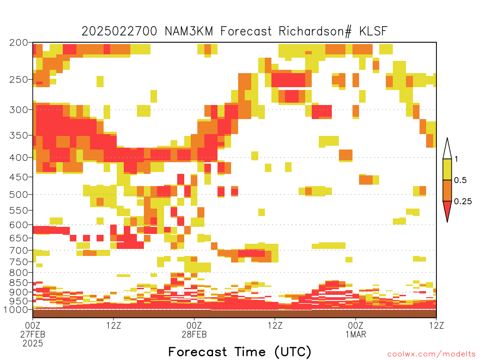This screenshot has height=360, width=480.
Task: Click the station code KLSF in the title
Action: [x=373, y=31]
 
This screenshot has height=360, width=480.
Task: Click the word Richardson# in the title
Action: [x=315, y=31]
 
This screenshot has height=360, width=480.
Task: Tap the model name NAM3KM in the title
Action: [x=188, y=31]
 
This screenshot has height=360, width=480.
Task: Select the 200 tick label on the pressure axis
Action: [x=18, y=43]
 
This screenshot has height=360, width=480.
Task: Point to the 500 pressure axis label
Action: [x=18, y=195]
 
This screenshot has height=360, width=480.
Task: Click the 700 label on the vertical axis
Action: [x=18, y=250]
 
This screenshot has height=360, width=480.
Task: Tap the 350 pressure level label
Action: [x=18, y=135]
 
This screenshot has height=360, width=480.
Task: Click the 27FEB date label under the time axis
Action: [x=33, y=334]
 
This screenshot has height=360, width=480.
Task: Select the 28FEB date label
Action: [x=194, y=334]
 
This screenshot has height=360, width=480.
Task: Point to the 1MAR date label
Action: [x=356, y=334]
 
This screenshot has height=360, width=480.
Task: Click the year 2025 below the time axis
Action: [x=33, y=343]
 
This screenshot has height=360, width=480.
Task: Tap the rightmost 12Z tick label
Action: [x=436, y=325]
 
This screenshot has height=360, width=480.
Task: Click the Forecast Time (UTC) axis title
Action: [x=240, y=352]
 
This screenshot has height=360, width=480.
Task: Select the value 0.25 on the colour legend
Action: [x=463, y=201]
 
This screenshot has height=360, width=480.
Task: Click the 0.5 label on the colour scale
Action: [x=460, y=180]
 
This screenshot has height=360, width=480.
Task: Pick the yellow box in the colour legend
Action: [x=447, y=169]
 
